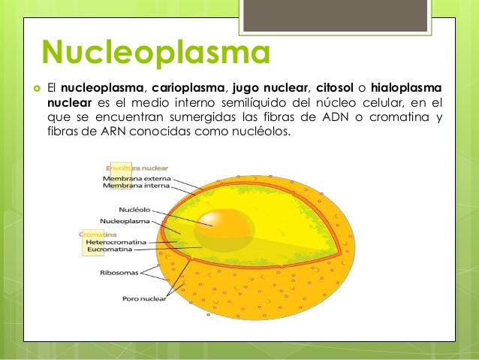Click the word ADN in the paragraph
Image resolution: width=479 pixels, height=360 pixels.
(347, 118)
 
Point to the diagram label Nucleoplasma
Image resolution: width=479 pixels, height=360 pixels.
(125, 222)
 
